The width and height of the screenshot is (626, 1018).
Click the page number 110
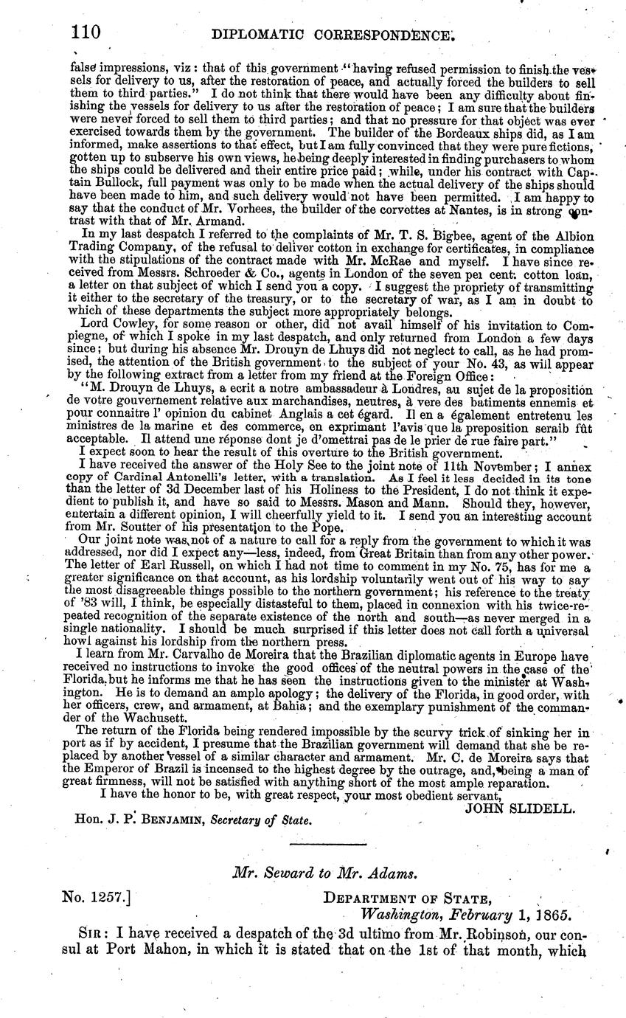[86, 32]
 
